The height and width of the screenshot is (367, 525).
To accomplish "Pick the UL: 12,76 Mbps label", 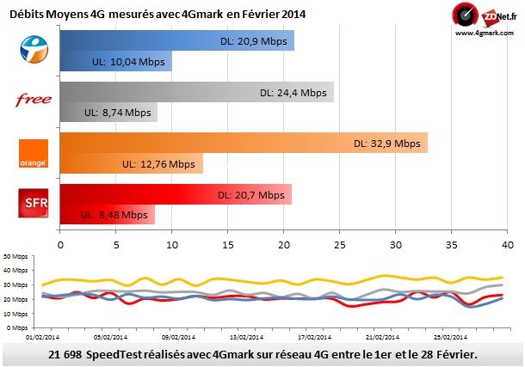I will (158, 163).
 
